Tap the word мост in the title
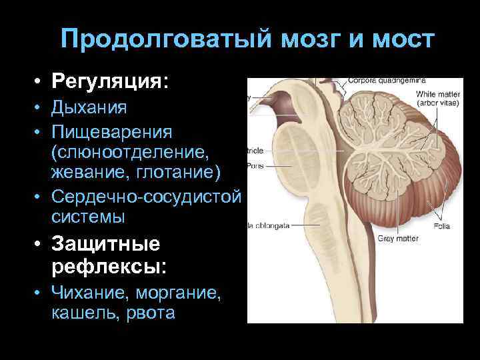(x=402, y=39)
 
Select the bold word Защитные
(x=106, y=245)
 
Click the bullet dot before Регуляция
(x=41, y=83)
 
